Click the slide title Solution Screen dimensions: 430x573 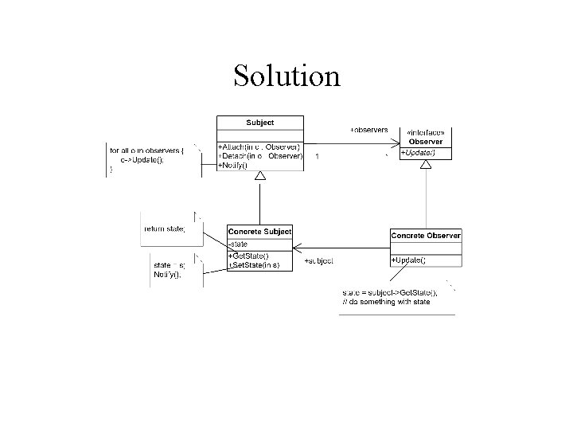tap(286, 76)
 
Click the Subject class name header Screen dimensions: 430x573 tap(260, 123)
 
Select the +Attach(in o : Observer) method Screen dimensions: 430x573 tap(260, 147)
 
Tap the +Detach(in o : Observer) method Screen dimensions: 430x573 tap(260, 156)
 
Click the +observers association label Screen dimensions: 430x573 tap(368, 129)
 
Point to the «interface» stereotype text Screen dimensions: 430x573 tap(426, 132)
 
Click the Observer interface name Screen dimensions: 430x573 tap(426, 142)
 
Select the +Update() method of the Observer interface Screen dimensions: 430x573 tap(418, 152)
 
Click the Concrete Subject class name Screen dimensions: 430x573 tap(259, 232)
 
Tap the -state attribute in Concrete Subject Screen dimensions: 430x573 tap(240, 244)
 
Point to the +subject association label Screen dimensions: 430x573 tap(319, 260)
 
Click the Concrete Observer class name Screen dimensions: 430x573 tap(426, 235)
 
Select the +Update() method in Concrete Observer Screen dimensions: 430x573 tap(409, 260)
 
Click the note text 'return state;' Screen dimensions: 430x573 tap(164, 229)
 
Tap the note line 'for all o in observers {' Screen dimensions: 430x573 tap(146, 150)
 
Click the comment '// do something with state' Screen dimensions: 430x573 tap(387, 302)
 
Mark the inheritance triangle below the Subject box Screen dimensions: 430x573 tap(260, 186)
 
